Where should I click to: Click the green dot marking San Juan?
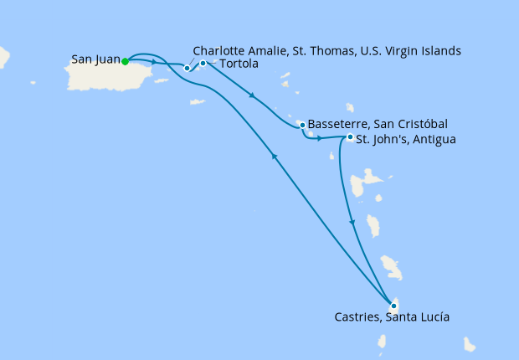click(x=125, y=61)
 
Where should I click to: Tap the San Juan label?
click(x=95, y=60)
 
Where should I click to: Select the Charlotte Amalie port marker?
click(x=188, y=68)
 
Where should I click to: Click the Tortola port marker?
click(x=203, y=63)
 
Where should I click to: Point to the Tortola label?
click(x=238, y=64)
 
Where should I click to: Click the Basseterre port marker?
click(x=301, y=125)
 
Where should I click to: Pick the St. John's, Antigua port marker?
click(x=349, y=137)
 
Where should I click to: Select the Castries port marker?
click(x=393, y=306)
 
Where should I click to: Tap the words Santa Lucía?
click(x=420, y=317)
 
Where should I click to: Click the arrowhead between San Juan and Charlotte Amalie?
click(x=156, y=62)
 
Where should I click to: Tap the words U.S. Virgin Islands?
click(x=411, y=51)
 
